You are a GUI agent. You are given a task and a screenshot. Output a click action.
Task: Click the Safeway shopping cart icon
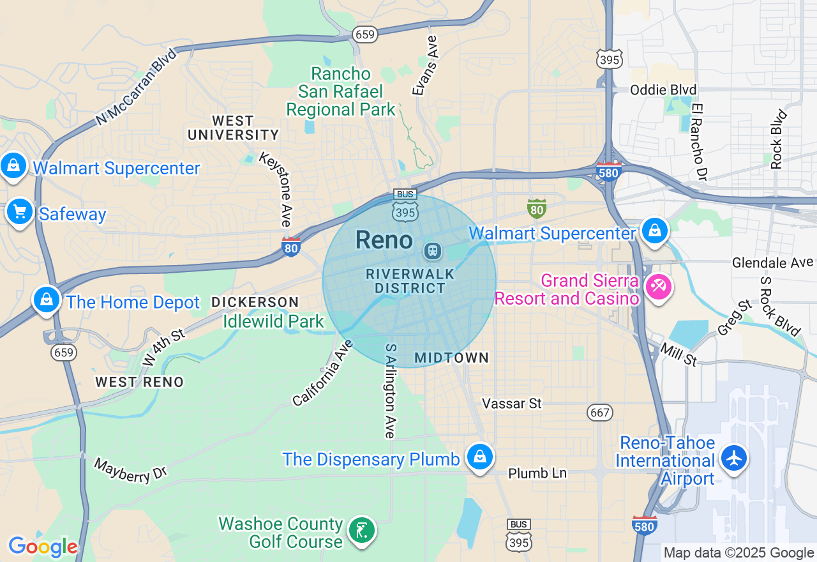20,211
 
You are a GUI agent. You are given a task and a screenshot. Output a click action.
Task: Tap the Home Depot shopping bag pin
46,300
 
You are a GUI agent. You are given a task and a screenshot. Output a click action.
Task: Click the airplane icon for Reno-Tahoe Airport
734,458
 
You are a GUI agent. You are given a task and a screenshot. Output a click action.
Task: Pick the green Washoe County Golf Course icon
362,530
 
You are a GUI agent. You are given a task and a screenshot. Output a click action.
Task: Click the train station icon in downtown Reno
433,250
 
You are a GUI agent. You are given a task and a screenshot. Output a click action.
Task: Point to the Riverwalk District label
410,281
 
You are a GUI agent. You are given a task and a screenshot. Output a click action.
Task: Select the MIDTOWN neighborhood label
451,358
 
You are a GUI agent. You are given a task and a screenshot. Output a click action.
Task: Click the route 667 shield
600,413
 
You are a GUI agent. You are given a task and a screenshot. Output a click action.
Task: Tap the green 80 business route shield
536,208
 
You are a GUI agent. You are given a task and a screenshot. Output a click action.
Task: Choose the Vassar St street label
511,404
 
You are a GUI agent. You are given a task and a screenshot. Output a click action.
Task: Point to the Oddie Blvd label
663,89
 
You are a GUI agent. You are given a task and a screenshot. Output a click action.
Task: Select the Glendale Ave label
772,262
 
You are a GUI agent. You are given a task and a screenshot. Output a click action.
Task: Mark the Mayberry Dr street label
130,469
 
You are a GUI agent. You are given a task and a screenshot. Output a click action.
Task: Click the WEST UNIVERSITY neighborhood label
233,128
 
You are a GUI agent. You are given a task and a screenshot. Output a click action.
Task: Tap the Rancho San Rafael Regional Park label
341,91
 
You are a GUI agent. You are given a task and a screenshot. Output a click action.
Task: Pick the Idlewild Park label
273,321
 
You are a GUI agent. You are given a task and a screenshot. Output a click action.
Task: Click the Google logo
43,547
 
